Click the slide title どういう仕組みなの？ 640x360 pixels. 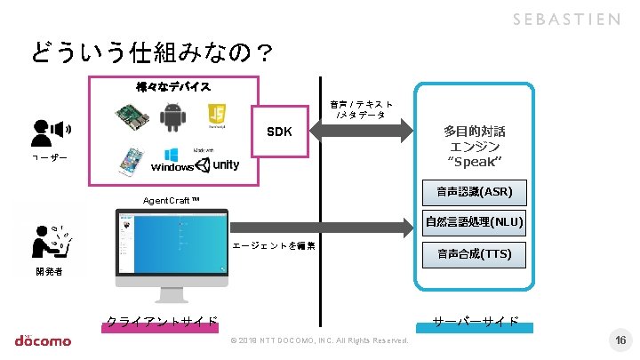(152, 54)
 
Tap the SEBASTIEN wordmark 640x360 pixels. (565, 20)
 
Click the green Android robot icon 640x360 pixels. (172, 116)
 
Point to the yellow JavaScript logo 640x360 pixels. (216, 114)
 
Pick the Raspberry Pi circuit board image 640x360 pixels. (131, 116)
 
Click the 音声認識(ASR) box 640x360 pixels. (474, 191)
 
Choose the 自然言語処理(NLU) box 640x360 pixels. (474, 222)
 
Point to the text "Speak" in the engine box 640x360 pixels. (474, 161)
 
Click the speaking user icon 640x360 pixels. (50, 132)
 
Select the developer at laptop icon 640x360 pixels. (50, 240)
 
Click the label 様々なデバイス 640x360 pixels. (173, 86)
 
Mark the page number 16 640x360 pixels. (620, 340)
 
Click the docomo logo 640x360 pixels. (42, 340)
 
